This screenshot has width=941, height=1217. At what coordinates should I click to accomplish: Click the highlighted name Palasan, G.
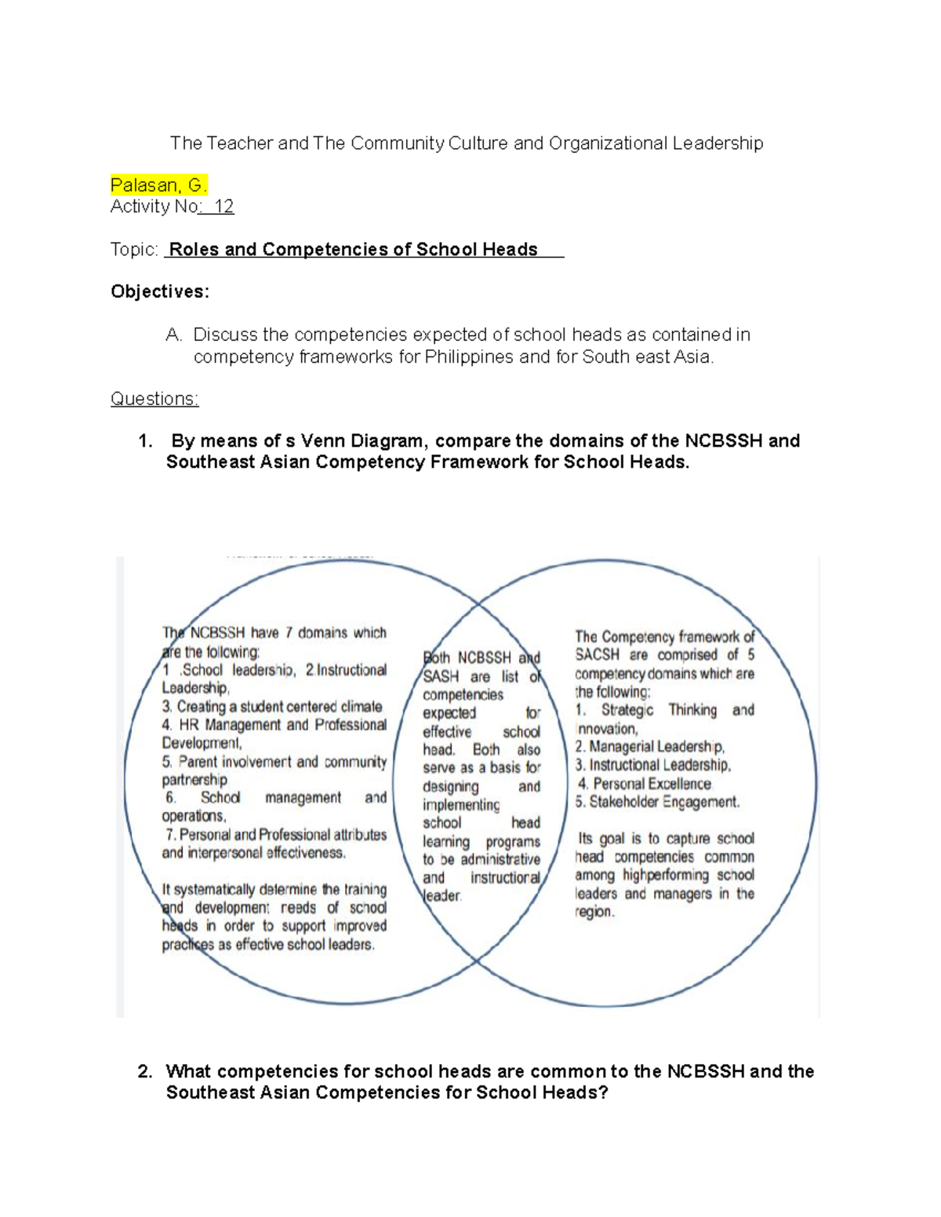158,186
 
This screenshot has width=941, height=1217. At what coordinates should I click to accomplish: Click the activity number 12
223,207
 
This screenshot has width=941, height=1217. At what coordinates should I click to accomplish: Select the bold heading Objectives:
160,292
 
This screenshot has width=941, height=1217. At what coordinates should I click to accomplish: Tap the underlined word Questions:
154,399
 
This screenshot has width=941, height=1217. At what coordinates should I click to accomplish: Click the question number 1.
144,441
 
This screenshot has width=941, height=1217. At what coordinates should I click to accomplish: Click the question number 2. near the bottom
144,1071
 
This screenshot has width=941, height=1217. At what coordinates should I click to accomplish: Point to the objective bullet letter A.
173,335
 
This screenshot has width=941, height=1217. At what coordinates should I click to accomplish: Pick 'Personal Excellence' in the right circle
652,784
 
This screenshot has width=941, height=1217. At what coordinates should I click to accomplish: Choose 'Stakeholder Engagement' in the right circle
663,802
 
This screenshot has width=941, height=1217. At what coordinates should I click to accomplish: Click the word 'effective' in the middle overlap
447,732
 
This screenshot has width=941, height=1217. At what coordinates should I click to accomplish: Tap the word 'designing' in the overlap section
450,787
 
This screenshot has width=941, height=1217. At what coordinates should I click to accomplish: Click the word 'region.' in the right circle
594,912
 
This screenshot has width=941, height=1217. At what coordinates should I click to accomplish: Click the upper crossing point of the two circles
478,604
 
